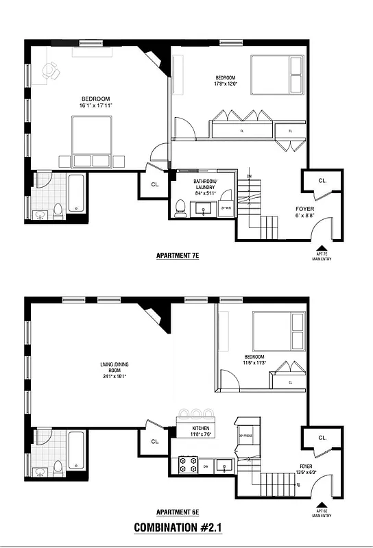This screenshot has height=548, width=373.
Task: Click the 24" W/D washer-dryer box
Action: click(227, 208)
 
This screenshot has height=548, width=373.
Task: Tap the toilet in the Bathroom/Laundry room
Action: click(181, 208)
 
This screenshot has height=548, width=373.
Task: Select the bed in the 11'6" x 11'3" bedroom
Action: click(278, 330)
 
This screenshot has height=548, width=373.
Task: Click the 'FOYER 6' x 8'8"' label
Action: click(305, 212)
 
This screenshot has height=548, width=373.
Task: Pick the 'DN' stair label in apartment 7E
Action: click(249, 176)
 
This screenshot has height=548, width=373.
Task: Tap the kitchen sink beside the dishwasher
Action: click(224, 466)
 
